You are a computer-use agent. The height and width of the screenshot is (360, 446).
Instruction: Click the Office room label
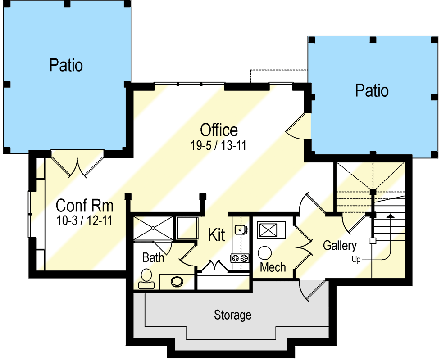click(x=219, y=130)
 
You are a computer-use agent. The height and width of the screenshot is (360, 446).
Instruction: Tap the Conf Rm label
click(x=84, y=206)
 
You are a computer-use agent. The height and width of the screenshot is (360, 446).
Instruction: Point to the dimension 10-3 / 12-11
click(x=84, y=221)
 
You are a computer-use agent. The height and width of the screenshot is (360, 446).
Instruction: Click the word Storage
click(x=232, y=315)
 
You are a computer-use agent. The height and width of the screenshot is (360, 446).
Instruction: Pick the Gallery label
click(x=340, y=246)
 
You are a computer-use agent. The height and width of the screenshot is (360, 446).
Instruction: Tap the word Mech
click(x=273, y=267)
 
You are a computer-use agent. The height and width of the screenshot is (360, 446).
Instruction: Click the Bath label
click(x=153, y=258)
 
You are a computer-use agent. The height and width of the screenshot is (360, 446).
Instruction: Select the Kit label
click(x=217, y=235)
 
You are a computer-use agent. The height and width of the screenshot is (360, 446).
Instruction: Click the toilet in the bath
click(x=146, y=279)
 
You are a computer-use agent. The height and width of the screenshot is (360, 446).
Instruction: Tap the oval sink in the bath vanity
click(x=177, y=281)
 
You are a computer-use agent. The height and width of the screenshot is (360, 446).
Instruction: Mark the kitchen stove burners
click(x=240, y=258)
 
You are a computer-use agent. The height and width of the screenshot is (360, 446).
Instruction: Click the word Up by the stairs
click(x=356, y=260)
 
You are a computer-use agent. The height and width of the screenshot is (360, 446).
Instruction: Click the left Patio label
click(x=66, y=65)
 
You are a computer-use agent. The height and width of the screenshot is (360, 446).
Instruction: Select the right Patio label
click(x=372, y=90)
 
